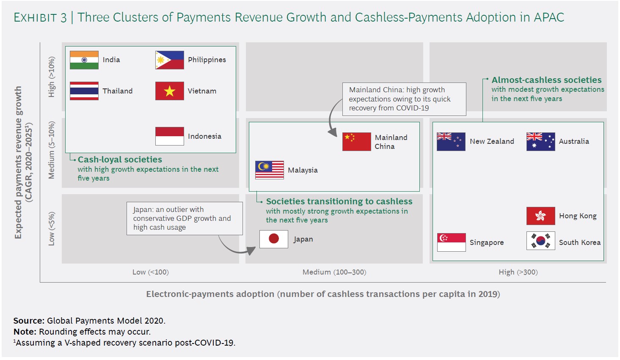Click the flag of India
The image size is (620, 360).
[x=84, y=60]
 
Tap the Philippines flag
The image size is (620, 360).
[x=170, y=60]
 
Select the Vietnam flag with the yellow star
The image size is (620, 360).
[x=170, y=91]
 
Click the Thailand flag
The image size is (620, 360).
[x=84, y=91]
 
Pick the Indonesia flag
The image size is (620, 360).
[x=170, y=136]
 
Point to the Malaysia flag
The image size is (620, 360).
[x=270, y=170]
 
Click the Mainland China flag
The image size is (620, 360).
[x=356, y=142]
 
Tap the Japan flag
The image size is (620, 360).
[x=274, y=239]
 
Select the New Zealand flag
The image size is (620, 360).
[x=451, y=142]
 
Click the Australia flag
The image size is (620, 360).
[x=541, y=142]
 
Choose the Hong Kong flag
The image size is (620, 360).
[x=541, y=216]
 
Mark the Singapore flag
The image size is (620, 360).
[x=452, y=242]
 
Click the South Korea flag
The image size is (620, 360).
[x=541, y=241]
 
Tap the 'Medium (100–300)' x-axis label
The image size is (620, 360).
[x=334, y=272]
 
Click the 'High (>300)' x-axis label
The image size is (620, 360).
[x=518, y=272]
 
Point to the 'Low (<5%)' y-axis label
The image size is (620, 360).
[x=52, y=229]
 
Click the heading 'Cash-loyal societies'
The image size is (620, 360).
[x=120, y=159]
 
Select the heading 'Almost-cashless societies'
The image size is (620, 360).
[x=547, y=80]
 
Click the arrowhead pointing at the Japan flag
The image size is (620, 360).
[x=251, y=250]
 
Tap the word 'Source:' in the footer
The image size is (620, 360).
[x=29, y=321]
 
